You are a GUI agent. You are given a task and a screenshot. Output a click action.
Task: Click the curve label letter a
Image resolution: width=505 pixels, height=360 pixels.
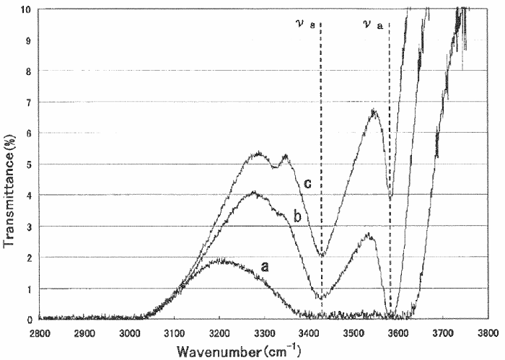click(x=265, y=265)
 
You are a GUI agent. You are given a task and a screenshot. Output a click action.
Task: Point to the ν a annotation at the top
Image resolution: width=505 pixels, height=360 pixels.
click(x=373, y=25)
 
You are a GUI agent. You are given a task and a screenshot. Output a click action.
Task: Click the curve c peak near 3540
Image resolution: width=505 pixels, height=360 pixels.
click(x=373, y=110)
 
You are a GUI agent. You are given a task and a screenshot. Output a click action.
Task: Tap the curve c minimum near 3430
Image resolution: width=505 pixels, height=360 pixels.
click(x=322, y=255)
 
